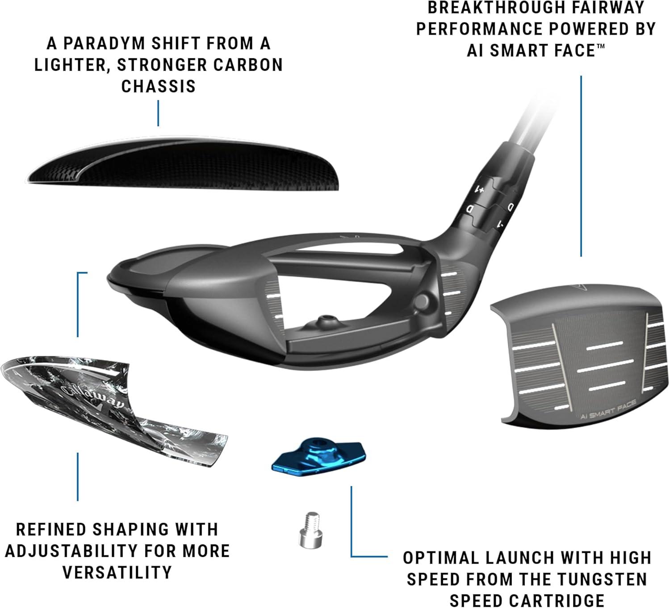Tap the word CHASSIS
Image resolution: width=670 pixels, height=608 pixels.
(159, 86)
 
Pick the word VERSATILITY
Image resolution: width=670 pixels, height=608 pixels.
(117, 572)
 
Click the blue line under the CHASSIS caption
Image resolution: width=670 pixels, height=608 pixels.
(159, 112)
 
